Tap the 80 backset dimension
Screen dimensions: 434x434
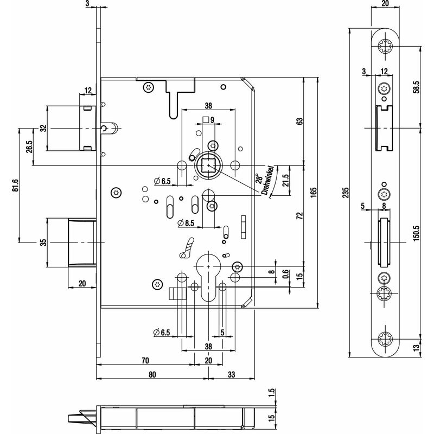click(152, 374)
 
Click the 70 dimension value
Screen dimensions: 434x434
click(145, 359)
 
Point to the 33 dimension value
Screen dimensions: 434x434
click(232, 374)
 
